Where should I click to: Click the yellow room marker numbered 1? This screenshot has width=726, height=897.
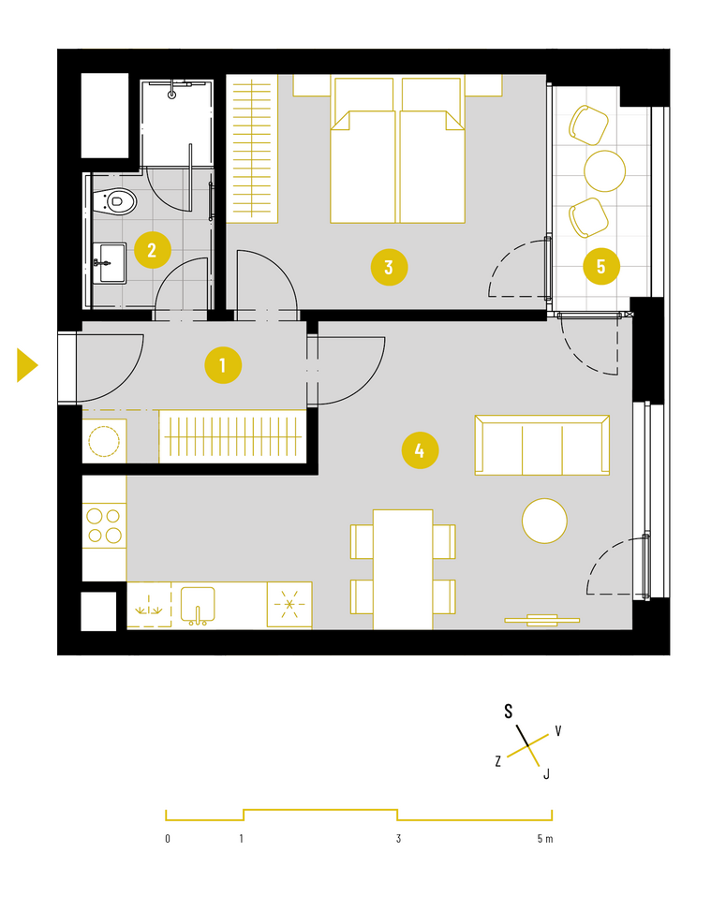click(223, 365)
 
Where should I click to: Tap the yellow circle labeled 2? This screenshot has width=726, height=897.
click(153, 250)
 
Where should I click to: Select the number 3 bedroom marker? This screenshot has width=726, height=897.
click(389, 267)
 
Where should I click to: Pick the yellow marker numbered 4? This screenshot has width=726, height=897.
click(420, 450)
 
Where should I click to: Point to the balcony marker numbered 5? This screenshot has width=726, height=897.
click(601, 266)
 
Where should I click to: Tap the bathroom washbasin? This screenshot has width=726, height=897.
click(110, 263)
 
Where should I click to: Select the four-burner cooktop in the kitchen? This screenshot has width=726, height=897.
click(104, 525)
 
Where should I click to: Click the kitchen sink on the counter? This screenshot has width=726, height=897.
click(198, 605)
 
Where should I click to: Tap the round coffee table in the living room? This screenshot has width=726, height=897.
click(544, 521)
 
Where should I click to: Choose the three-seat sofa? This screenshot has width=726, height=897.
click(541, 445)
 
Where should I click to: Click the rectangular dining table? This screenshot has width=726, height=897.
click(403, 569)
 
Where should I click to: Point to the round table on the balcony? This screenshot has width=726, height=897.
click(604, 171)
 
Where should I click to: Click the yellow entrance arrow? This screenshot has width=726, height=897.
click(27, 365)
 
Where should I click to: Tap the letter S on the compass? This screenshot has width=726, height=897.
click(508, 711)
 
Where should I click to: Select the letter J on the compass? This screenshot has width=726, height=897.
click(546, 774)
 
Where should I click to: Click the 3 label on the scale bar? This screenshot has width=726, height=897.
click(398, 839)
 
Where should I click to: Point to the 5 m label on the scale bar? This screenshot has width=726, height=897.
click(545, 839)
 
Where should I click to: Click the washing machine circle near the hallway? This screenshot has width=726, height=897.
click(104, 441)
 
